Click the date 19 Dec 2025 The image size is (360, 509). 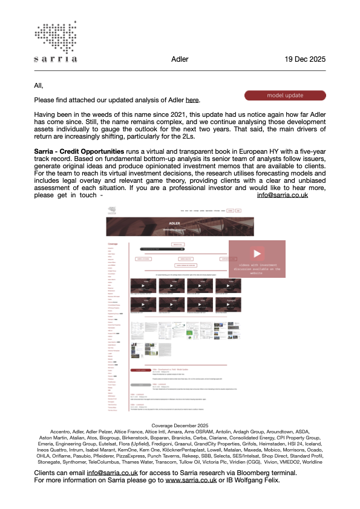305,59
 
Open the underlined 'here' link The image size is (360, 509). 192,100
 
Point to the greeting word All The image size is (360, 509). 39,85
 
